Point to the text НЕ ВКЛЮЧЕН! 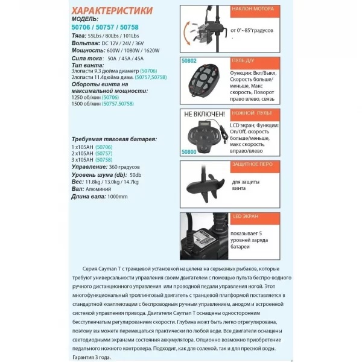205,113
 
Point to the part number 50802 189,61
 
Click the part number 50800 189,153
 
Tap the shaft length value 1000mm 116,196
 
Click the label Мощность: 88,51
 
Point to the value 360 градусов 124,167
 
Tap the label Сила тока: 86,60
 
